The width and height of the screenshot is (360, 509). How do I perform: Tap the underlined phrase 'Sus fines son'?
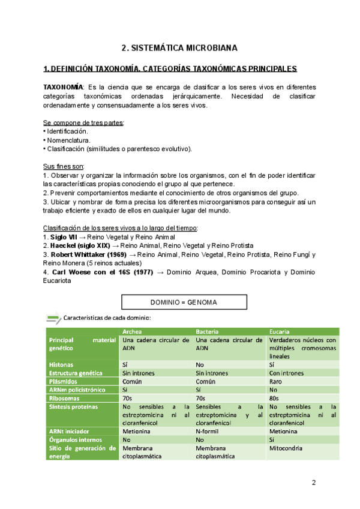[64, 166]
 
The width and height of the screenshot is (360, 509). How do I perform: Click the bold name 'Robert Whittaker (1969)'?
[88, 254]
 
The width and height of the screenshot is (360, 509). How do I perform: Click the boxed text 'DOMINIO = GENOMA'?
[179, 302]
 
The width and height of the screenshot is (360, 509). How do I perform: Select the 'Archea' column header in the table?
[132, 331]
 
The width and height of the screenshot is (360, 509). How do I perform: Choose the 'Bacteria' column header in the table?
[208, 331]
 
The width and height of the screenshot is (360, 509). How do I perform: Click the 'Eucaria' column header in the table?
[281, 331]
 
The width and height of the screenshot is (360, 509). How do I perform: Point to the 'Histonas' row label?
[62, 364]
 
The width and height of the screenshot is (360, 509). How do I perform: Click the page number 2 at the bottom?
[313, 483]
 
